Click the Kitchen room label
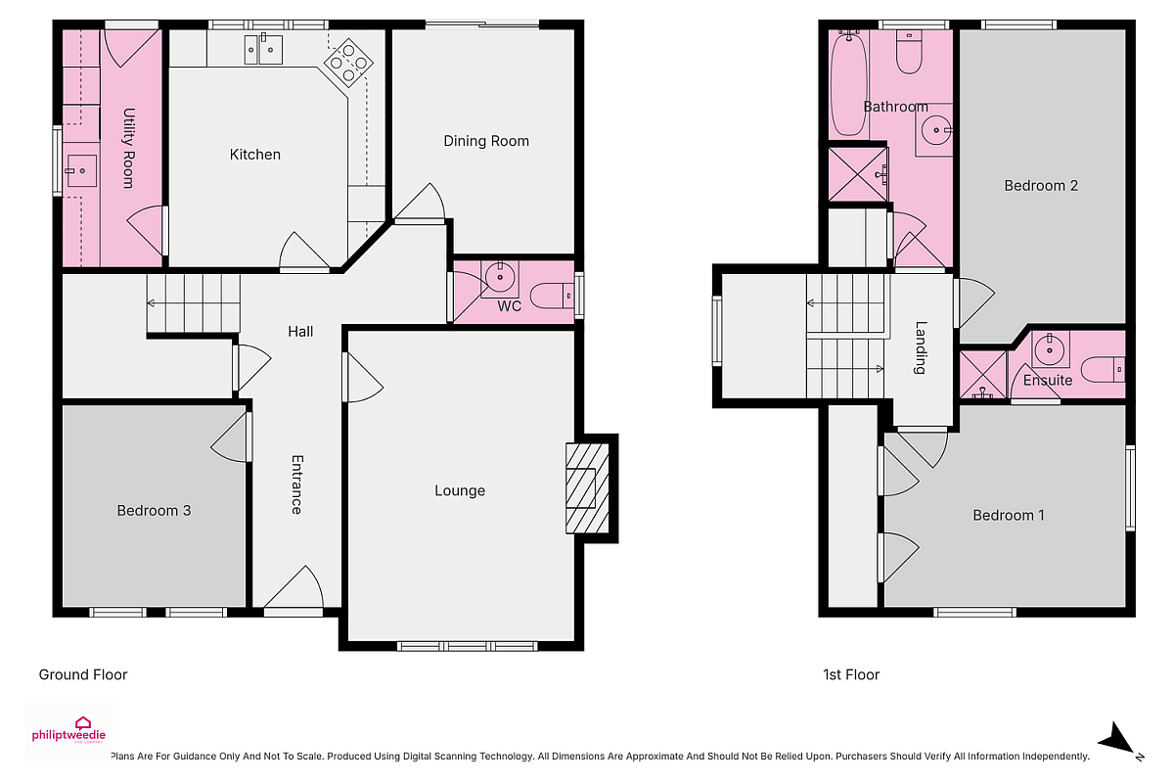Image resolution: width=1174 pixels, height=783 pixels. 254,155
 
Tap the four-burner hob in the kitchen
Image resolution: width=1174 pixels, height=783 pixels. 348,63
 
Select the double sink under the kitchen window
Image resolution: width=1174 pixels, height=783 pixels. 263,49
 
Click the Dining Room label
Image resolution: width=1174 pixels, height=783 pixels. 486,141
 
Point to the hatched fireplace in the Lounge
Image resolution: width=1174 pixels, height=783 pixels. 588,488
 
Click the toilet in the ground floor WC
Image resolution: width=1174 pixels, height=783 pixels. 552,297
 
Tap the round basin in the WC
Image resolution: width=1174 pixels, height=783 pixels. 500,277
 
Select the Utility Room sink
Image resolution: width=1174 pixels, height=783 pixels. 81,170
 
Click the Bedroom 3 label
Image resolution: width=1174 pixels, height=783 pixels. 154,510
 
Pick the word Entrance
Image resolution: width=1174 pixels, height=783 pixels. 296,484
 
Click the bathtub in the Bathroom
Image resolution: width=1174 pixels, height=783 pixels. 848,83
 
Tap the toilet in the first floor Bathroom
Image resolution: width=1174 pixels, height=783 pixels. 909,52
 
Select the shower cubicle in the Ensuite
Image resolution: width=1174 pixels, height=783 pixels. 982,375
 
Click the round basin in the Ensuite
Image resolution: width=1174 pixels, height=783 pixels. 1049,348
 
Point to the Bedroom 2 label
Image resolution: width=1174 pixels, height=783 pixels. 1041,185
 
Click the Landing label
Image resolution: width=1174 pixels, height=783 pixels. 921,347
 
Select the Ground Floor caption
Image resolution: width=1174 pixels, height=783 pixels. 83,674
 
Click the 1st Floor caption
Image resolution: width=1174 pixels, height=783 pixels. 851,674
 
